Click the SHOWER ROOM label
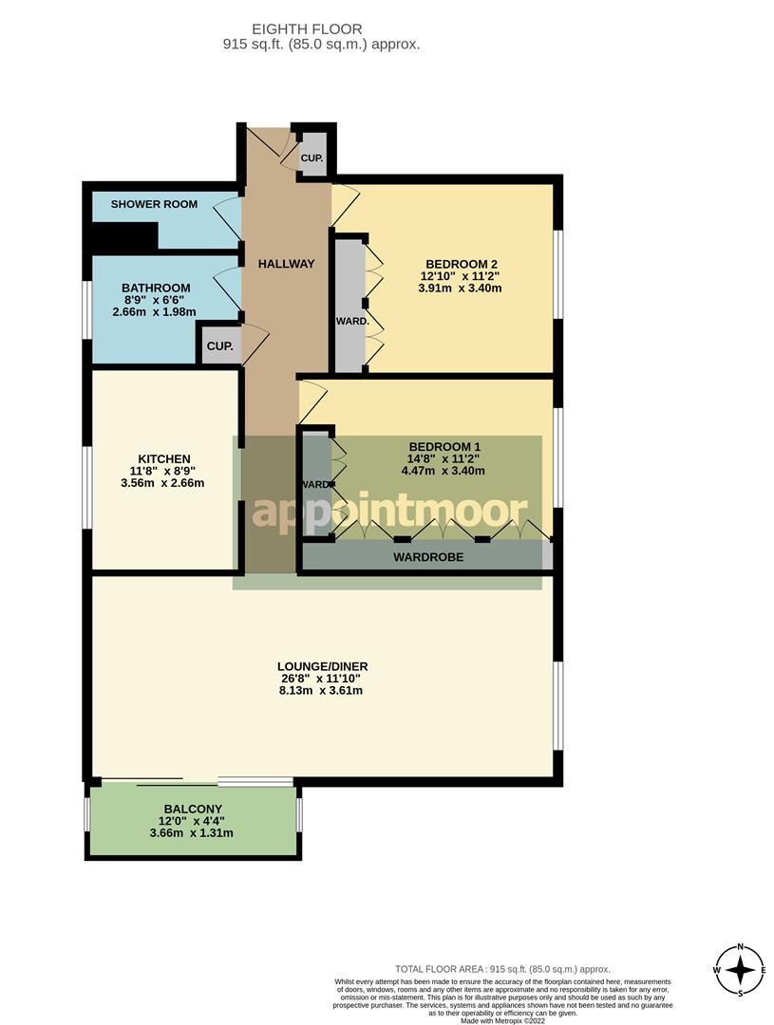click(x=154, y=204)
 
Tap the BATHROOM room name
click(x=156, y=288)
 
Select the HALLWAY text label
click(x=286, y=264)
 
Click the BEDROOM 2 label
click(x=462, y=264)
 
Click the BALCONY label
click(x=192, y=809)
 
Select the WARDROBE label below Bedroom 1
click(x=428, y=557)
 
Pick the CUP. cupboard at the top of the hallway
click(x=312, y=158)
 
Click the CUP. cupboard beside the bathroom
click(x=219, y=346)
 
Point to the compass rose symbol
click(x=740, y=969)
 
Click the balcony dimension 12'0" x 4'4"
click(x=192, y=821)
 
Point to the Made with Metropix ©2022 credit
click(x=503, y=1020)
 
